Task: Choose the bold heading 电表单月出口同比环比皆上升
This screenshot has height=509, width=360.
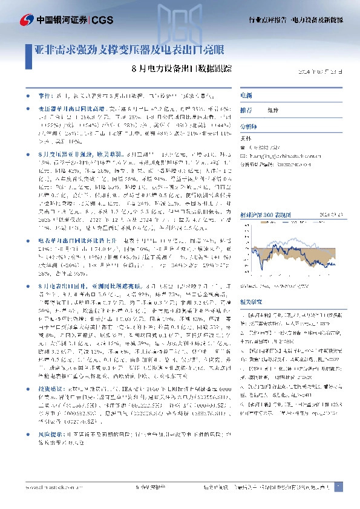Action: pyautogui.click(x=67, y=241)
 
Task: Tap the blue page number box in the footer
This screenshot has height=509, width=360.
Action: pyautogui.click(x=338, y=486)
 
